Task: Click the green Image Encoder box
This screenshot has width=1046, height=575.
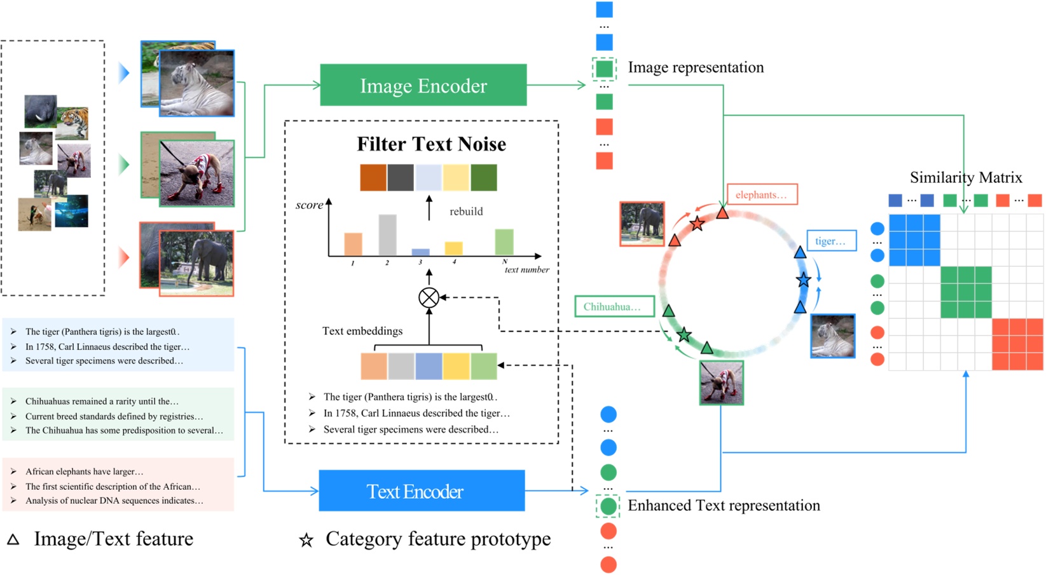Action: (x=423, y=85)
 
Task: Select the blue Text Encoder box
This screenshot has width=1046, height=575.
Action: (x=421, y=491)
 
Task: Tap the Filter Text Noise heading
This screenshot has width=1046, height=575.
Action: (x=431, y=144)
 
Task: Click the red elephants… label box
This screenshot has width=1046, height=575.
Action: (x=762, y=194)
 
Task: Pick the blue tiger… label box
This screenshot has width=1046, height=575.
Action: (x=831, y=241)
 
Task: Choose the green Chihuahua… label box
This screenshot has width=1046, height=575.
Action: (x=614, y=307)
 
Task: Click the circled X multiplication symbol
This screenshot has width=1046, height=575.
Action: (x=429, y=297)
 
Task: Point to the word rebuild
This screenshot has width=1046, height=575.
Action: (x=466, y=212)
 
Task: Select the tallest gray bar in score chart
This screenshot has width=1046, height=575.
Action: (x=387, y=235)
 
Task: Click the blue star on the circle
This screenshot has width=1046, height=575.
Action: (x=804, y=280)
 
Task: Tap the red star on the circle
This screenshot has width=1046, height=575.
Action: (x=697, y=224)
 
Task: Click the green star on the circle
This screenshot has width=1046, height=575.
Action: (x=684, y=334)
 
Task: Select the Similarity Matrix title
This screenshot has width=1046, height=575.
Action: (x=965, y=177)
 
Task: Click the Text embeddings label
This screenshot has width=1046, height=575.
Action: (x=362, y=331)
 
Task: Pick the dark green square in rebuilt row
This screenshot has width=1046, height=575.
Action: (x=483, y=178)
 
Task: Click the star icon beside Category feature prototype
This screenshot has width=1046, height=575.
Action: (x=306, y=540)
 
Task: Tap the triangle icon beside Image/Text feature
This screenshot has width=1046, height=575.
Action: (x=13, y=539)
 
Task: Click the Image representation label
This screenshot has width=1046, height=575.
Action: (x=696, y=67)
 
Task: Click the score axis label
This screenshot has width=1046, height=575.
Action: (x=309, y=205)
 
